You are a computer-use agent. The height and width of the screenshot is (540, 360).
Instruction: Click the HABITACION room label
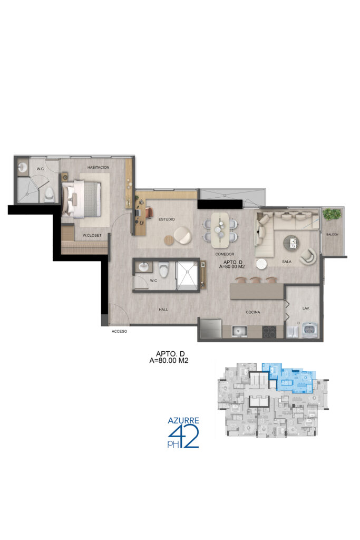98,167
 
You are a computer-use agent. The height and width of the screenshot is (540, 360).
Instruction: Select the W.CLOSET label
92,236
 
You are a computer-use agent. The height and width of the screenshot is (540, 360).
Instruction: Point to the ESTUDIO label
167,219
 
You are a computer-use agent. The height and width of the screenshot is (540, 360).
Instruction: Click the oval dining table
220,230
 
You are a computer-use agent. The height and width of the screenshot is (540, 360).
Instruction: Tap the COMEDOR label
225,254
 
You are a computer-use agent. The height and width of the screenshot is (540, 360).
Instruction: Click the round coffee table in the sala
291,243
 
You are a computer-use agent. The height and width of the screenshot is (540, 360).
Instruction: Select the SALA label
287,262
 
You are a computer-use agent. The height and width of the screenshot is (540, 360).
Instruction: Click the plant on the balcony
332,214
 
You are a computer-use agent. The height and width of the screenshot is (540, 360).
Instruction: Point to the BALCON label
332,235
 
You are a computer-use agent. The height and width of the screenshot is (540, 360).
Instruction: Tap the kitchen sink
239,331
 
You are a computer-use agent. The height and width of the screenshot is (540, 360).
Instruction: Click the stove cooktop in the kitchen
269,332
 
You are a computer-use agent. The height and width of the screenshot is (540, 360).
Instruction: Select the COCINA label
253,312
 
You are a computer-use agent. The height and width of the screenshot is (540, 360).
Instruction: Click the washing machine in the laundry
311,330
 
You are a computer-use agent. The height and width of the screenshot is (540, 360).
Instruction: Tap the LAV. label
306,308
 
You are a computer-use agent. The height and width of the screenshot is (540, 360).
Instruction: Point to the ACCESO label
120,331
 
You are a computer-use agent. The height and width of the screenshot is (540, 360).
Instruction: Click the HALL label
163,310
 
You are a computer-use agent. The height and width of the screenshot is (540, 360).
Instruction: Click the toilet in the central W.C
164,269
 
